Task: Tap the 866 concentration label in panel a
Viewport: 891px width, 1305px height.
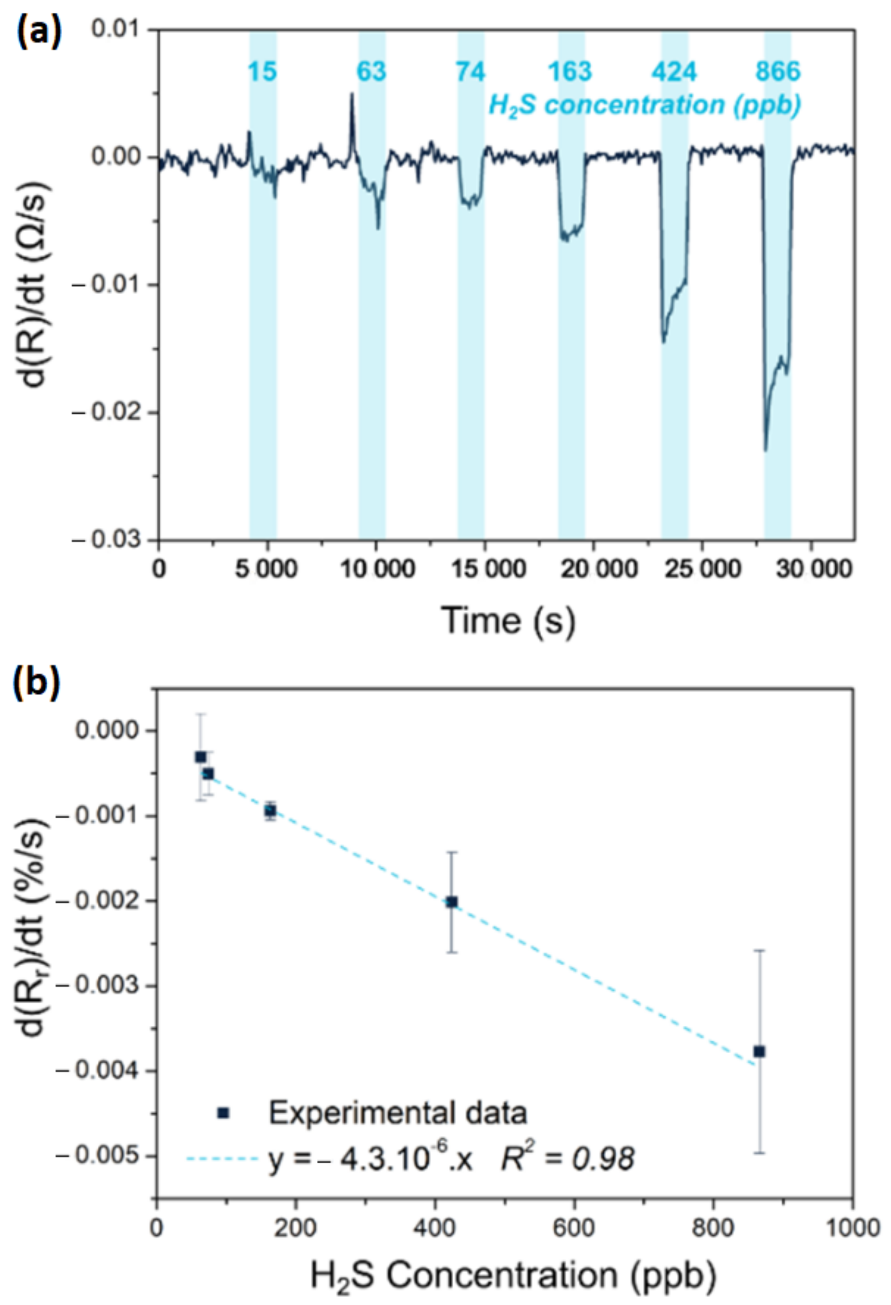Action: point(777,72)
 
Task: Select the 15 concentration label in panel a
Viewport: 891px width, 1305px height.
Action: point(262,72)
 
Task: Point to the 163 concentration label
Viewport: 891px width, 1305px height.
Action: point(570,72)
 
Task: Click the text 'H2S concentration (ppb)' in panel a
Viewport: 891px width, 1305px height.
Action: point(644,105)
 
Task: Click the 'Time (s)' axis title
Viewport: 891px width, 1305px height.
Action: point(508,620)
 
